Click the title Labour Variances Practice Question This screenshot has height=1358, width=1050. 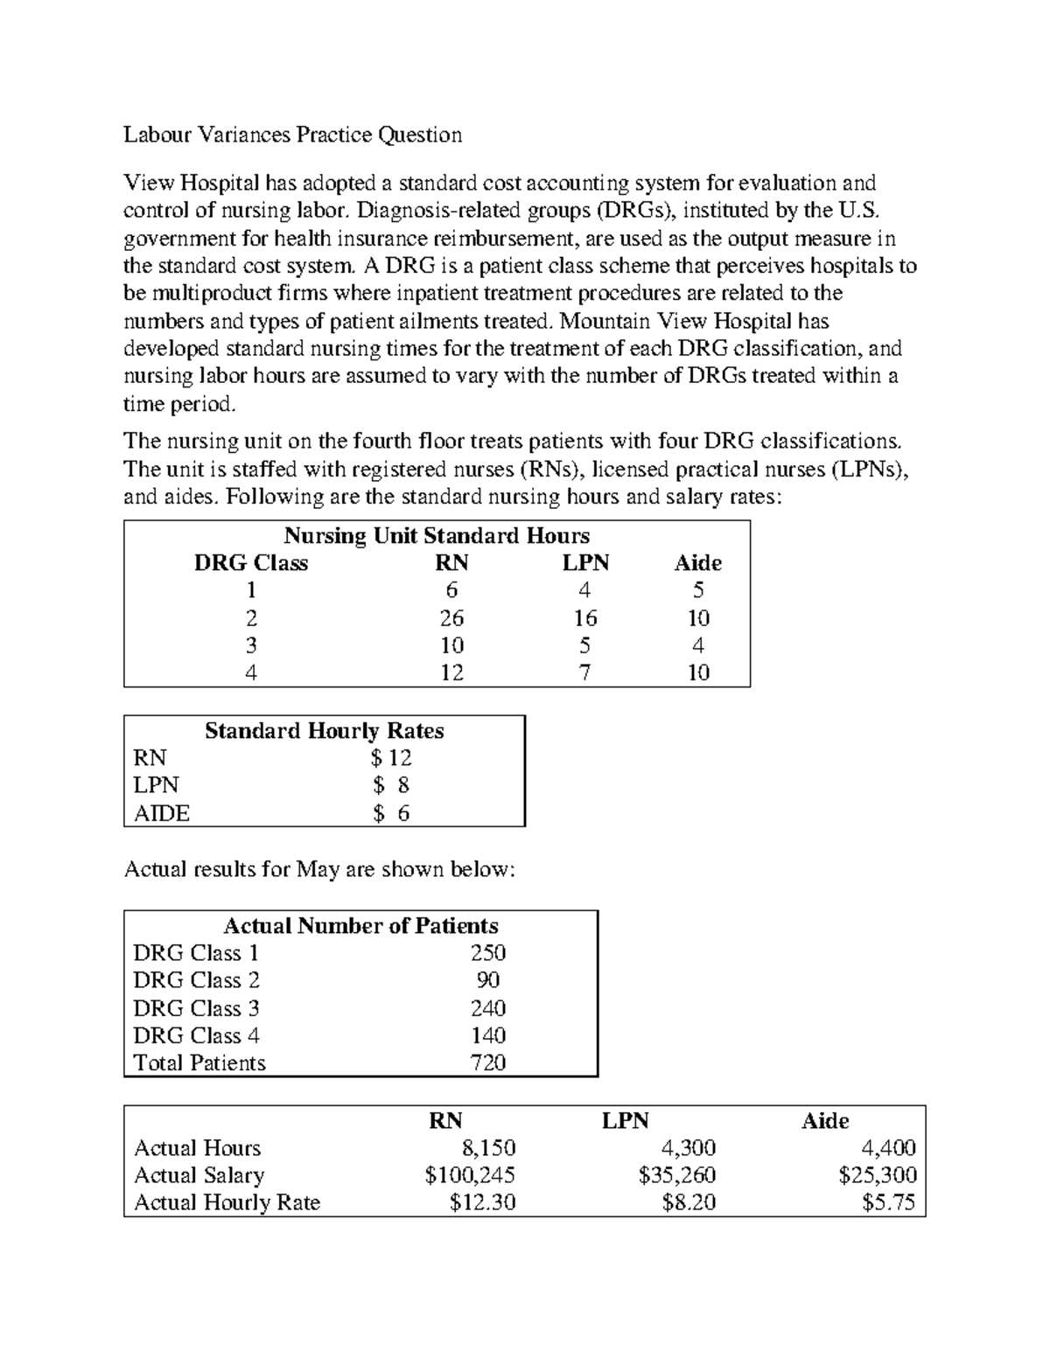click(x=292, y=135)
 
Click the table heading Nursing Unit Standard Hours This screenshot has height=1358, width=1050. click(x=437, y=535)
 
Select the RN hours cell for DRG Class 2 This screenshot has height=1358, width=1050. click(x=451, y=618)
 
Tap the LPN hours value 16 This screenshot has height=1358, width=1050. click(x=584, y=618)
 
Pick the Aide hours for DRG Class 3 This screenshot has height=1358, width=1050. click(x=697, y=645)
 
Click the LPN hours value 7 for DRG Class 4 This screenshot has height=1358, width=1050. click(x=584, y=672)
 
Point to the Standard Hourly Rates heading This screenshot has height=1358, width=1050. click(x=324, y=731)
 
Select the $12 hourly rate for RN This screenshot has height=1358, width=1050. click(x=391, y=758)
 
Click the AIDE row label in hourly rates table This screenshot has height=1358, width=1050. click(x=162, y=813)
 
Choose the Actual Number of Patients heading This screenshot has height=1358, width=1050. click(x=360, y=925)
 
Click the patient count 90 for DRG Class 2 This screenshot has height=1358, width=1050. click(x=487, y=980)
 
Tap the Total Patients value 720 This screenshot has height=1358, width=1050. click(x=487, y=1062)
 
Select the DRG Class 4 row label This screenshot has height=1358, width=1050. click(x=196, y=1035)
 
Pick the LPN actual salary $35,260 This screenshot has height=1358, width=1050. click(x=677, y=1175)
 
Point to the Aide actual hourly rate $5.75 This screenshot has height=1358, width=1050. click(x=888, y=1202)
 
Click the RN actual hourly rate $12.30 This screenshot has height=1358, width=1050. click(x=482, y=1202)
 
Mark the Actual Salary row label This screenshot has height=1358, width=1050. click(x=199, y=1175)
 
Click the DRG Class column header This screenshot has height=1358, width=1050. click(x=250, y=563)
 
